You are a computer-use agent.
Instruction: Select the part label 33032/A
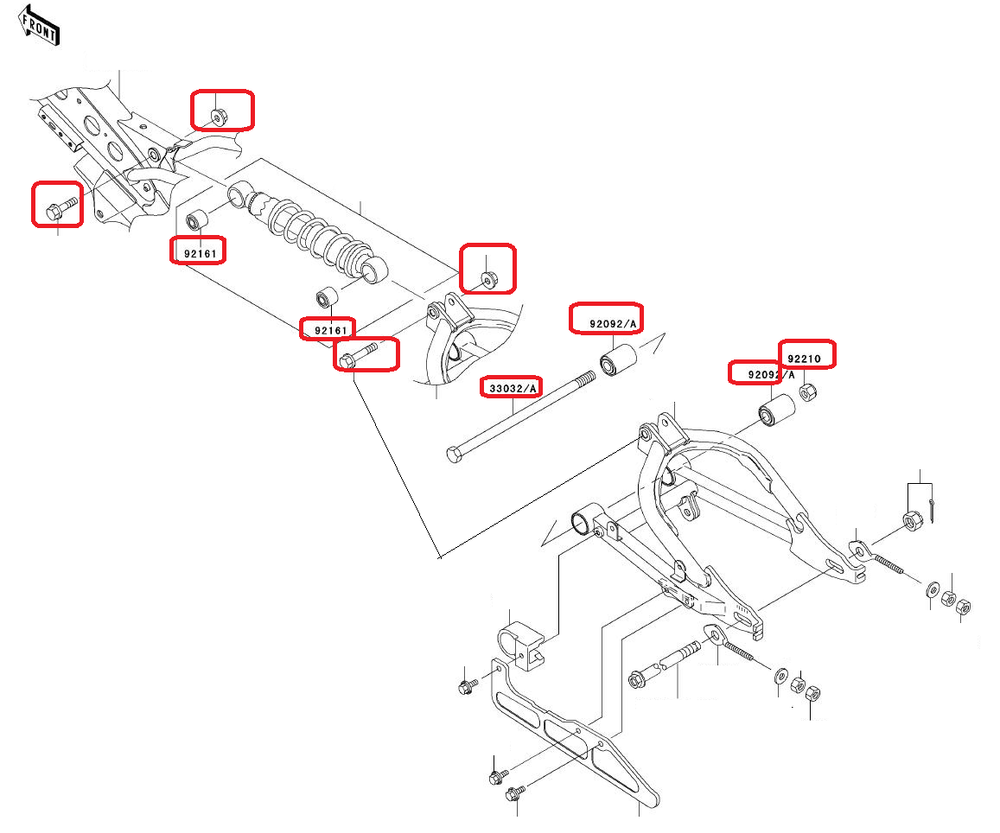coord(513,387)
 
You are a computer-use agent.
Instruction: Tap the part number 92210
coord(808,357)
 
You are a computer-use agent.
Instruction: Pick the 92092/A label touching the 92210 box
coord(762,374)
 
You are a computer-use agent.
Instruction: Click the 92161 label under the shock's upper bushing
coord(197,253)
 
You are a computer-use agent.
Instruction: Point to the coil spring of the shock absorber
coord(310,235)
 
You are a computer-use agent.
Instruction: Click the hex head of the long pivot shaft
coord(455,456)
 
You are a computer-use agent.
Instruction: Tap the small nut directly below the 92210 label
coord(811,391)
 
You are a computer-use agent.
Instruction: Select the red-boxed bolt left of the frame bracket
coord(55,209)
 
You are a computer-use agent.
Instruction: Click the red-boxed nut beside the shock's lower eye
coord(487,277)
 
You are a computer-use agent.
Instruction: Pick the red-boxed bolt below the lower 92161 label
coord(359,355)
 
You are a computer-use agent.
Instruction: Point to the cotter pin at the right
coord(933,509)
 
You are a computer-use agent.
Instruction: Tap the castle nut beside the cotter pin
coord(911,520)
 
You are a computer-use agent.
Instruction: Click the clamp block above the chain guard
coord(520,644)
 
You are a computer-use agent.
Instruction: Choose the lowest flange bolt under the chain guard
coord(515,795)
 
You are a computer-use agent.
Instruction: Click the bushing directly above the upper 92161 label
coord(198,219)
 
